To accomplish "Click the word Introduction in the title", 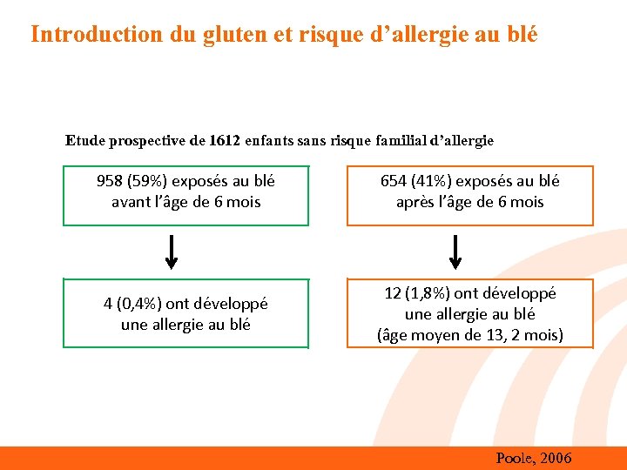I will pos(84,34).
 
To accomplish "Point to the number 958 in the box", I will pos(109,181).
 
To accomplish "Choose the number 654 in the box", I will pos(394,181).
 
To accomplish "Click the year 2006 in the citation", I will pos(556,458).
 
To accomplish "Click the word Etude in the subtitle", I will pos(84,140).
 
